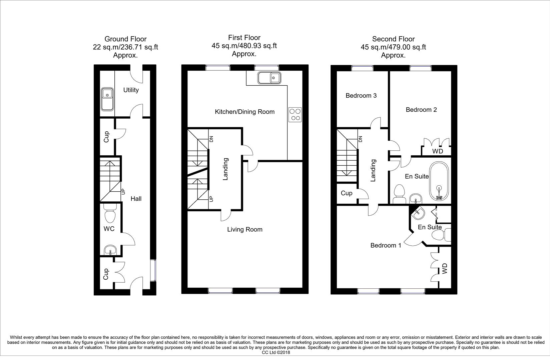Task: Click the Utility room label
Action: tap(131, 90)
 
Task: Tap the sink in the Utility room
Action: tap(107, 99)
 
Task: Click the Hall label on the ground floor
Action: tap(136, 199)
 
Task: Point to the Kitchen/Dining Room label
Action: tap(244, 112)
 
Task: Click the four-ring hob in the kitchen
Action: tap(295, 114)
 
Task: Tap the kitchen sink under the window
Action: tap(269, 78)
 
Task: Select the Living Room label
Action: tap(244, 229)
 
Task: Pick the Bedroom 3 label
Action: tap(361, 96)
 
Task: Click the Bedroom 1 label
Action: tap(386, 245)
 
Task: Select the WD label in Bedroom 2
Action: tap(437, 151)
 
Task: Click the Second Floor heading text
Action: tap(393, 39)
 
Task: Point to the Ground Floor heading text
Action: tap(125, 39)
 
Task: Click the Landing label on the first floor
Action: tap(225, 169)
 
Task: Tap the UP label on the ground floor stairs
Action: tap(123, 192)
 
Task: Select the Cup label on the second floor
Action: tap(347, 193)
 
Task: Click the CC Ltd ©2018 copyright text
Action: tap(276, 352)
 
